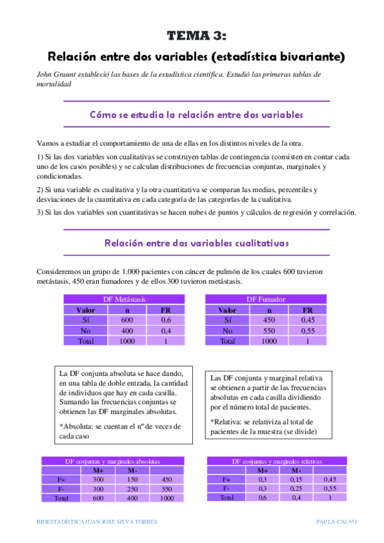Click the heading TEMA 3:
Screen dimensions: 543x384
(196, 36)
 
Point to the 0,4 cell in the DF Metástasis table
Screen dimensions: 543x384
(165, 331)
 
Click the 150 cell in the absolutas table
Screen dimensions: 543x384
(132, 479)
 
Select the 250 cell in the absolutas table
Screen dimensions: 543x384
(132, 488)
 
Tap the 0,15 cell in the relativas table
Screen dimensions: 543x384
(296, 479)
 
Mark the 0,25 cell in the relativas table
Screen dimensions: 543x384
(296, 488)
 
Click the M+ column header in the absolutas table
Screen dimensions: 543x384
(98, 470)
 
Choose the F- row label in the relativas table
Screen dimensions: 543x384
(227, 488)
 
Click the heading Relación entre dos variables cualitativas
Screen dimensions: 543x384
(196, 243)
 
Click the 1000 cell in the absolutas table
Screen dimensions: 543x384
(167, 498)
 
